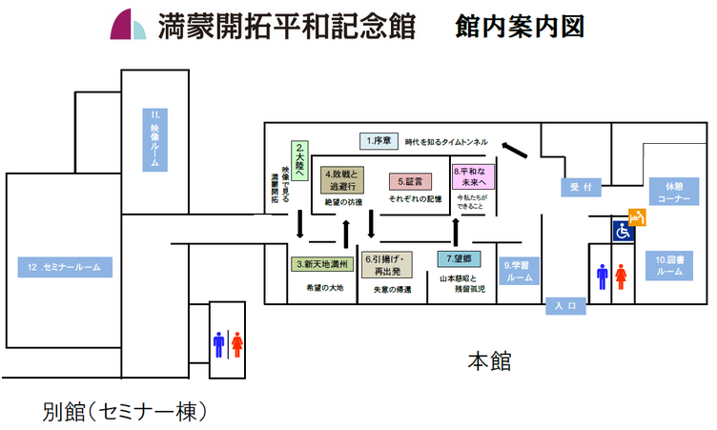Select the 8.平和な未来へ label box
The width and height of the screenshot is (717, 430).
coord(469,178)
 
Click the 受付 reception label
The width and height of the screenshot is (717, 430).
coord(581,188)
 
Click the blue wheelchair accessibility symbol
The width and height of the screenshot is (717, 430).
coord(623,231)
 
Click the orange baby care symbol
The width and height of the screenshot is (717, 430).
coord(638,217)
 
